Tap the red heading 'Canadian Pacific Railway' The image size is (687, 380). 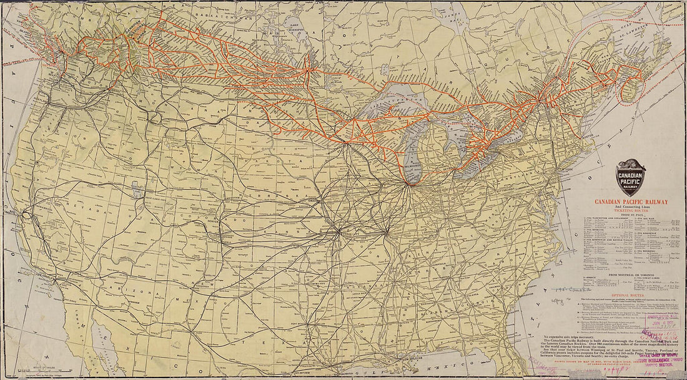coord(631,202)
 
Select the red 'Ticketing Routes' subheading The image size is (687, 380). coord(631,211)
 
